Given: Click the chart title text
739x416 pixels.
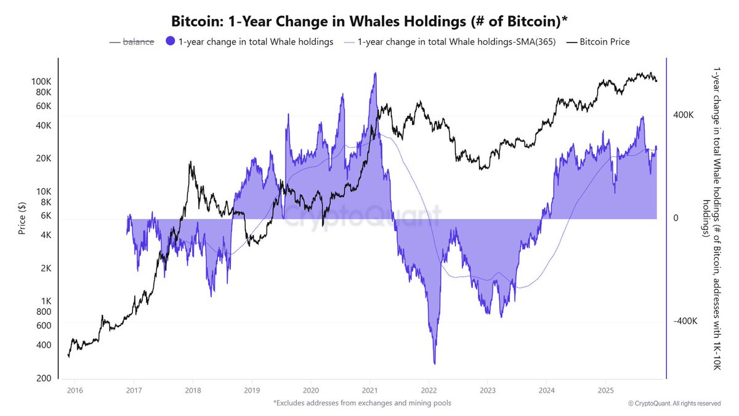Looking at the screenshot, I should coord(369,20).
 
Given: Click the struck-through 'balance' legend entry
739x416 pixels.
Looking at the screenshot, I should coord(139,42).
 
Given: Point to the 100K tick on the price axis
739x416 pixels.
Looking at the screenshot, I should coord(41,81).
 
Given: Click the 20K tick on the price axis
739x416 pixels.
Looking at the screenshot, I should coord(43,158).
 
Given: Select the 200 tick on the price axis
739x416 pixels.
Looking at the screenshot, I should coord(44,378).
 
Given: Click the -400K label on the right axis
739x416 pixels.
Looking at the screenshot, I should coord(685,322).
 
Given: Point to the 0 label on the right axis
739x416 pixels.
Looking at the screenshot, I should coord(676,218).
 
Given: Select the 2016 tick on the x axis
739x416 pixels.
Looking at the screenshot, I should coord(75,390).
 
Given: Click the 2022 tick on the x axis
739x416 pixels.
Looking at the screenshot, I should coord(429,390).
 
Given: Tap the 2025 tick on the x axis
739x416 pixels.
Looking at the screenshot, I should coord(606,390).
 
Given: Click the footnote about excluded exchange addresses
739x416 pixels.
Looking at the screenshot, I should coord(363,403).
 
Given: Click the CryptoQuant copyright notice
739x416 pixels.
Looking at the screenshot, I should coord(674,403).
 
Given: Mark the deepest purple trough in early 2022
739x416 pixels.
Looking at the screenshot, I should coord(435,362).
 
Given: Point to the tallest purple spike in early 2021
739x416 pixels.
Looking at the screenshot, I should coord(374,74).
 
